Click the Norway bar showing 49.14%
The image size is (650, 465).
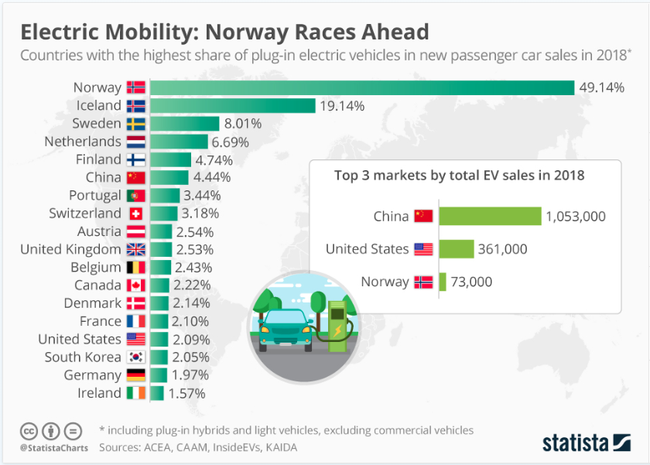[x=361, y=87]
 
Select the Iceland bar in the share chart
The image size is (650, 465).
[x=232, y=105]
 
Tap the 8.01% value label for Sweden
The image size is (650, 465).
[x=243, y=124]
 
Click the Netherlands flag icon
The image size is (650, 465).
[x=135, y=142]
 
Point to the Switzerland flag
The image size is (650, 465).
[x=135, y=214]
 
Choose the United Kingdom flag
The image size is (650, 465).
[x=135, y=249]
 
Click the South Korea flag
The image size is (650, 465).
[x=135, y=357]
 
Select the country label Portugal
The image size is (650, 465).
[x=95, y=196]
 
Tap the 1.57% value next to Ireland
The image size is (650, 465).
[x=186, y=393]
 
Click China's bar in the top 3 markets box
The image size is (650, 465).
[x=490, y=216]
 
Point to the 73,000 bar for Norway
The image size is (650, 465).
[x=443, y=282]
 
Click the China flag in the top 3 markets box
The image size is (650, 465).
[x=423, y=216]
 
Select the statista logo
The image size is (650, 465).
[x=586, y=443]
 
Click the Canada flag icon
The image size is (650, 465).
[x=135, y=285]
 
